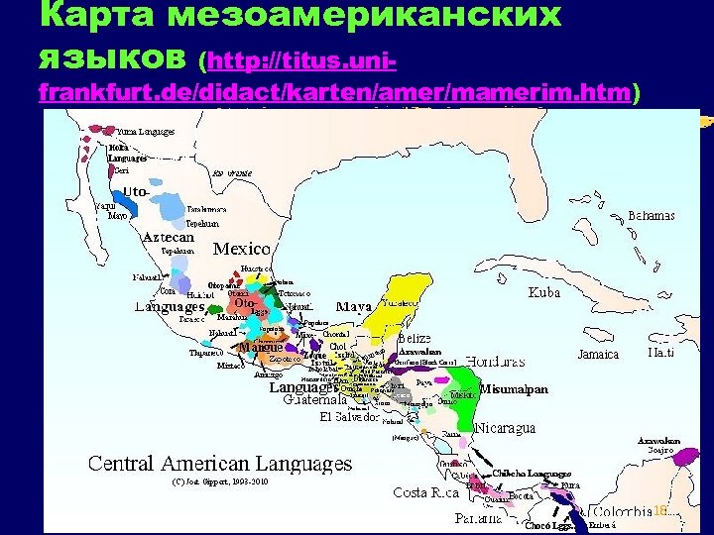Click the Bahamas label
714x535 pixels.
point(652,216)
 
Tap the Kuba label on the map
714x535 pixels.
point(542,292)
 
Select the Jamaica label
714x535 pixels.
point(598,354)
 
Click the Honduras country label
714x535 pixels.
point(495,361)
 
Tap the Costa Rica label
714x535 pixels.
point(424,492)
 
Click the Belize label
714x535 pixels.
point(414,338)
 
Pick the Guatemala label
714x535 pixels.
point(316,401)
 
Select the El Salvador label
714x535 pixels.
point(352,417)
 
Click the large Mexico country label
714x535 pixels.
point(242,248)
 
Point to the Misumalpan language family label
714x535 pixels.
point(514,389)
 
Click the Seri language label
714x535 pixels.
point(121,170)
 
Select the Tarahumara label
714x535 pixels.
point(206,210)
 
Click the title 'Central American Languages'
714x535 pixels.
point(220,463)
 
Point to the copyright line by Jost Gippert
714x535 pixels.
point(220,481)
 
